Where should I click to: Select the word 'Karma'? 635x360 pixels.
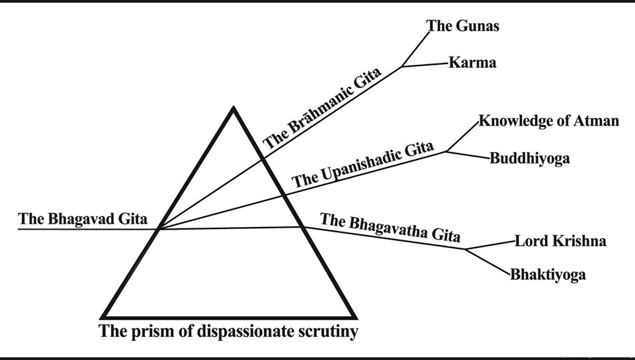[x=472, y=64]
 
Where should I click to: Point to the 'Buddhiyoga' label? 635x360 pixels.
[x=530, y=159]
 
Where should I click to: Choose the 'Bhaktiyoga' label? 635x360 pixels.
[x=548, y=275]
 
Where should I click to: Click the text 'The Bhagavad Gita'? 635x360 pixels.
[x=83, y=218]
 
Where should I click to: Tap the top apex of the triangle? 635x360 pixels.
[x=232, y=107]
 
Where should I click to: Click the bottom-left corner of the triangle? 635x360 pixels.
[x=103, y=316]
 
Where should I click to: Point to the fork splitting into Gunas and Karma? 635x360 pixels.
[x=402, y=67]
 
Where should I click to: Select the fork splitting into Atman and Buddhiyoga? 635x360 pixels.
[x=446, y=152]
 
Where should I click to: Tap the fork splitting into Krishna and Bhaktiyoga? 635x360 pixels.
[x=466, y=249]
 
